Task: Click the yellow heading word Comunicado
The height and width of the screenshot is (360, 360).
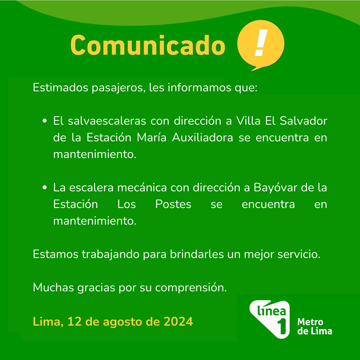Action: [148, 45]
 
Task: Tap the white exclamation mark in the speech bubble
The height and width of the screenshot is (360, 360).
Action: [261, 43]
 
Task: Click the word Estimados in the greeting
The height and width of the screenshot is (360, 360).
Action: [60, 87]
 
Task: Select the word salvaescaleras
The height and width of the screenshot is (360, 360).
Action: [107, 121]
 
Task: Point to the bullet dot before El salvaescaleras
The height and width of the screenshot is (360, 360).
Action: [45, 121]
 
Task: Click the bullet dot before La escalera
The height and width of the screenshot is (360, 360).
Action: [45, 188]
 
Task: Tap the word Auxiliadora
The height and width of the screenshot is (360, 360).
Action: [203, 138]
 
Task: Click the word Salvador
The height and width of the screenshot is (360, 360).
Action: [303, 121]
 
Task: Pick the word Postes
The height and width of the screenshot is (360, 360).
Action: [173, 204]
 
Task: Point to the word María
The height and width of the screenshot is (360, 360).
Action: [152, 138]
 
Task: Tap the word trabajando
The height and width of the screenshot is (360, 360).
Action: [111, 254]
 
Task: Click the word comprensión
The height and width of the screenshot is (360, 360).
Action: [191, 287]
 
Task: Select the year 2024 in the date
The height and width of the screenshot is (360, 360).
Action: [178, 321]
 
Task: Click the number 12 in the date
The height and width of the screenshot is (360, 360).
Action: [74, 321]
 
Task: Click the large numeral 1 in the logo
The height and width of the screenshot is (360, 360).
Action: [282, 326]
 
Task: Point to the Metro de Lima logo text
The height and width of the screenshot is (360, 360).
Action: [315, 326]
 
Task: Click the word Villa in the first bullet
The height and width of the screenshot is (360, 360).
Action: [248, 121]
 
